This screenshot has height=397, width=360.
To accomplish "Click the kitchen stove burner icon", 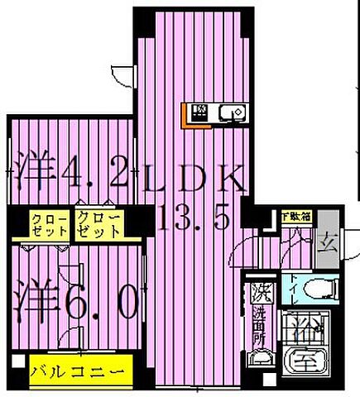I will click(x=200, y=112).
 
